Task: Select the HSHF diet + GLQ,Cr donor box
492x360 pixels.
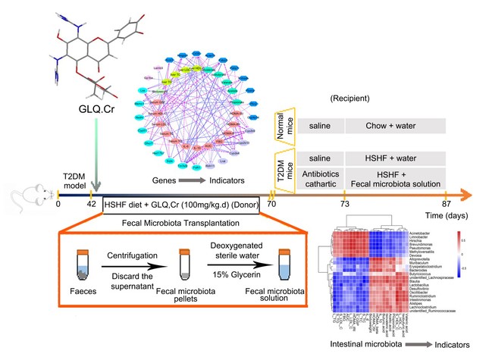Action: click(181, 205)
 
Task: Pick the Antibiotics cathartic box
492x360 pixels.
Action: click(317, 176)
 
